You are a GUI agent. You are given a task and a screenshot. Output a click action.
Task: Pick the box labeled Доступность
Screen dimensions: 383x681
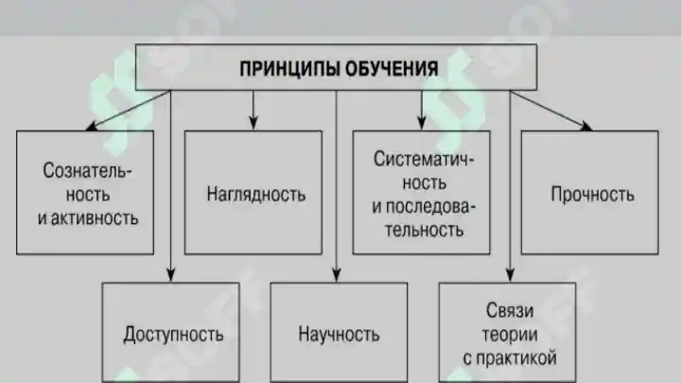pyautogui.click(x=173, y=333)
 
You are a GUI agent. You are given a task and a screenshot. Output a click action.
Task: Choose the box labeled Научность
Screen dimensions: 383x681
pyautogui.click(x=339, y=333)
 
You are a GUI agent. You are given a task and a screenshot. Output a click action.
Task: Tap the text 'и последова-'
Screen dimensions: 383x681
pyautogui.click(x=422, y=204)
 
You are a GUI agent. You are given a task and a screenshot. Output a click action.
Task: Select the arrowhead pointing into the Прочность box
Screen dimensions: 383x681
pyautogui.click(x=585, y=126)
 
